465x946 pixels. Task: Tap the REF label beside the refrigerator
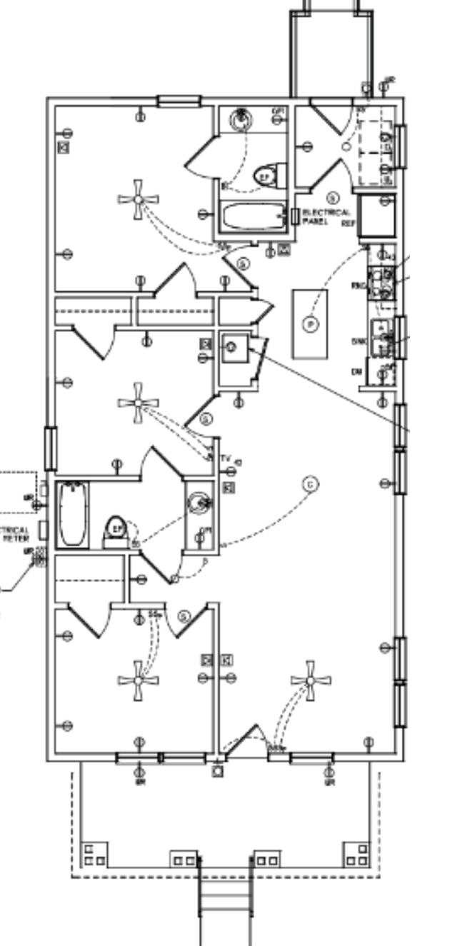click(x=348, y=223)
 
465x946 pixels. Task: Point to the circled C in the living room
click(x=311, y=484)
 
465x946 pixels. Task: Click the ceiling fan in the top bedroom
click(x=138, y=200)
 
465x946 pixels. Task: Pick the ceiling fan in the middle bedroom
click(x=137, y=403)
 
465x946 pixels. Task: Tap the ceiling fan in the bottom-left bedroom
click(x=138, y=680)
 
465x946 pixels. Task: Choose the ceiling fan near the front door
click(x=311, y=680)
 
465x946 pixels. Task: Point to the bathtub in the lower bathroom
click(x=71, y=514)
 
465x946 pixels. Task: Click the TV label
click(x=226, y=458)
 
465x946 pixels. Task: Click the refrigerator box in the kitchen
click(x=376, y=215)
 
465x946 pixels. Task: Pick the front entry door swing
click(x=246, y=739)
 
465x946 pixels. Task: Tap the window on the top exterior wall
click(x=179, y=101)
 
